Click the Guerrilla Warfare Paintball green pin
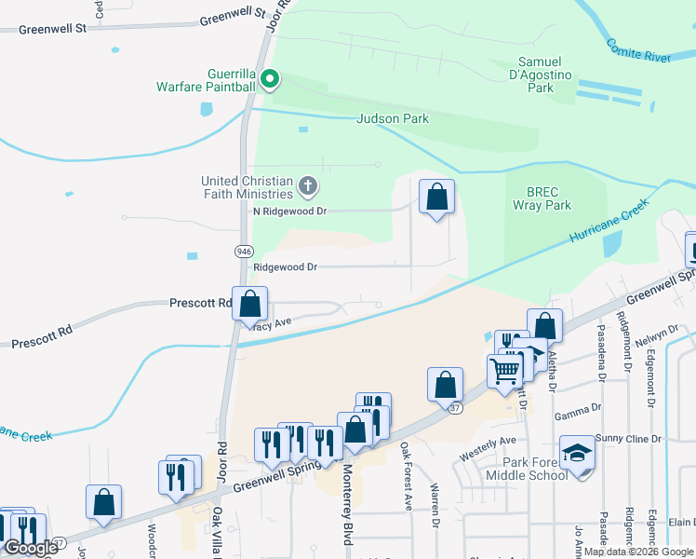[270, 80]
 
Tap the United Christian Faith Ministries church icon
[309, 187]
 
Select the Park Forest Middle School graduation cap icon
[578, 454]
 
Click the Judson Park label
[394, 118]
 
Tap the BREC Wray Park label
[542, 198]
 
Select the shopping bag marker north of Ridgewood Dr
[437, 198]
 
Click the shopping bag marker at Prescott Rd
[249, 304]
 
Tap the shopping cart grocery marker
[504, 370]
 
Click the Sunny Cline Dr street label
[628, 438]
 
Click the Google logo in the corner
[31, 548]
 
